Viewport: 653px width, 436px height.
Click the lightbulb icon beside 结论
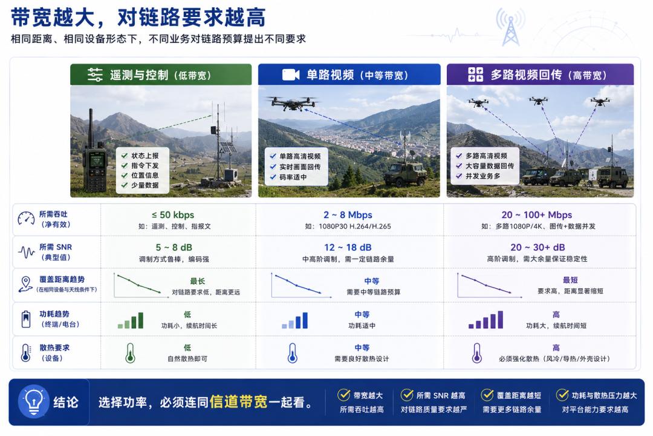point(34,401)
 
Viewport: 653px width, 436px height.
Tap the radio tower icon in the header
point(510,27)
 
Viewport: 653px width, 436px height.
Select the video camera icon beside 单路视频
point(291,74)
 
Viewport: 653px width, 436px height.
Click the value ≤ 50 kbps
point(173,215)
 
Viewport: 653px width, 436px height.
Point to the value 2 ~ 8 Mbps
point(348,215)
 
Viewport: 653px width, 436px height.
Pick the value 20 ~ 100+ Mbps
point(536,215)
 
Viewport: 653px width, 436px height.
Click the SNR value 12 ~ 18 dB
point(348,248)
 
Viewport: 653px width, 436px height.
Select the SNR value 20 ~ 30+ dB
point(538,248)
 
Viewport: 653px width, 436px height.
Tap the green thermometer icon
point(131,353)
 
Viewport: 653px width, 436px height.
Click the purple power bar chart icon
point(486,320)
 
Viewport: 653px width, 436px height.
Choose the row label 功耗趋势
point(54,314)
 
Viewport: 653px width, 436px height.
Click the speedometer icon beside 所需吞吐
point(26,218)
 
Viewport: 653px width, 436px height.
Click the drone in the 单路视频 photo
point(291,102)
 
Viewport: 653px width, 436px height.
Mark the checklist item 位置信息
point(145,175)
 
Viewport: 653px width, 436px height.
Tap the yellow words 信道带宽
point(239,402)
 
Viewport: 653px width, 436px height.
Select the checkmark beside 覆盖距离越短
point(487,395)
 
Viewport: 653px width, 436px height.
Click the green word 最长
point(197,281)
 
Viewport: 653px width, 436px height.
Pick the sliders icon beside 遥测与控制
point(95,74)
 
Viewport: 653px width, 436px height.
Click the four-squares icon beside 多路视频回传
point(475,74)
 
